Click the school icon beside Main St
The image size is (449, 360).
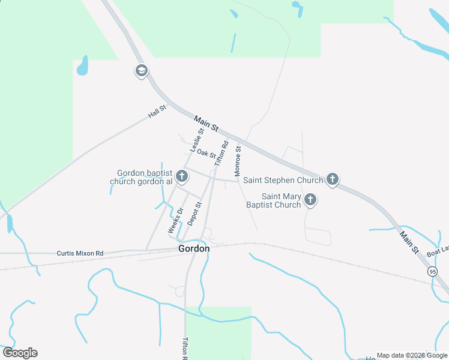click(141, 71)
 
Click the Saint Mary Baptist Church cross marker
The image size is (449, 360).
click(310, 200)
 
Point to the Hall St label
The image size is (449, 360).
click(157, 114)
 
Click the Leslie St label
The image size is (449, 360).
click(197, 139)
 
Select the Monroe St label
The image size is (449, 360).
click(238, 160)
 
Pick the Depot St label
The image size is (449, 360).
click(194, 213)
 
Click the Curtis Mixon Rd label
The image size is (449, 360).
click(80, 253)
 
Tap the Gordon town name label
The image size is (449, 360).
click(194, 248)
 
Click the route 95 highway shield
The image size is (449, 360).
click(433, 272)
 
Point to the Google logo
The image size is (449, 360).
click(20, 353)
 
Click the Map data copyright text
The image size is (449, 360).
click(412, 355)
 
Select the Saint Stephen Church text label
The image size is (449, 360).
click(283, 180)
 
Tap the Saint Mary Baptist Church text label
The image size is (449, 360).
click(274, 200)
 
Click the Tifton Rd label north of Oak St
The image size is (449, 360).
click(221, 152)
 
